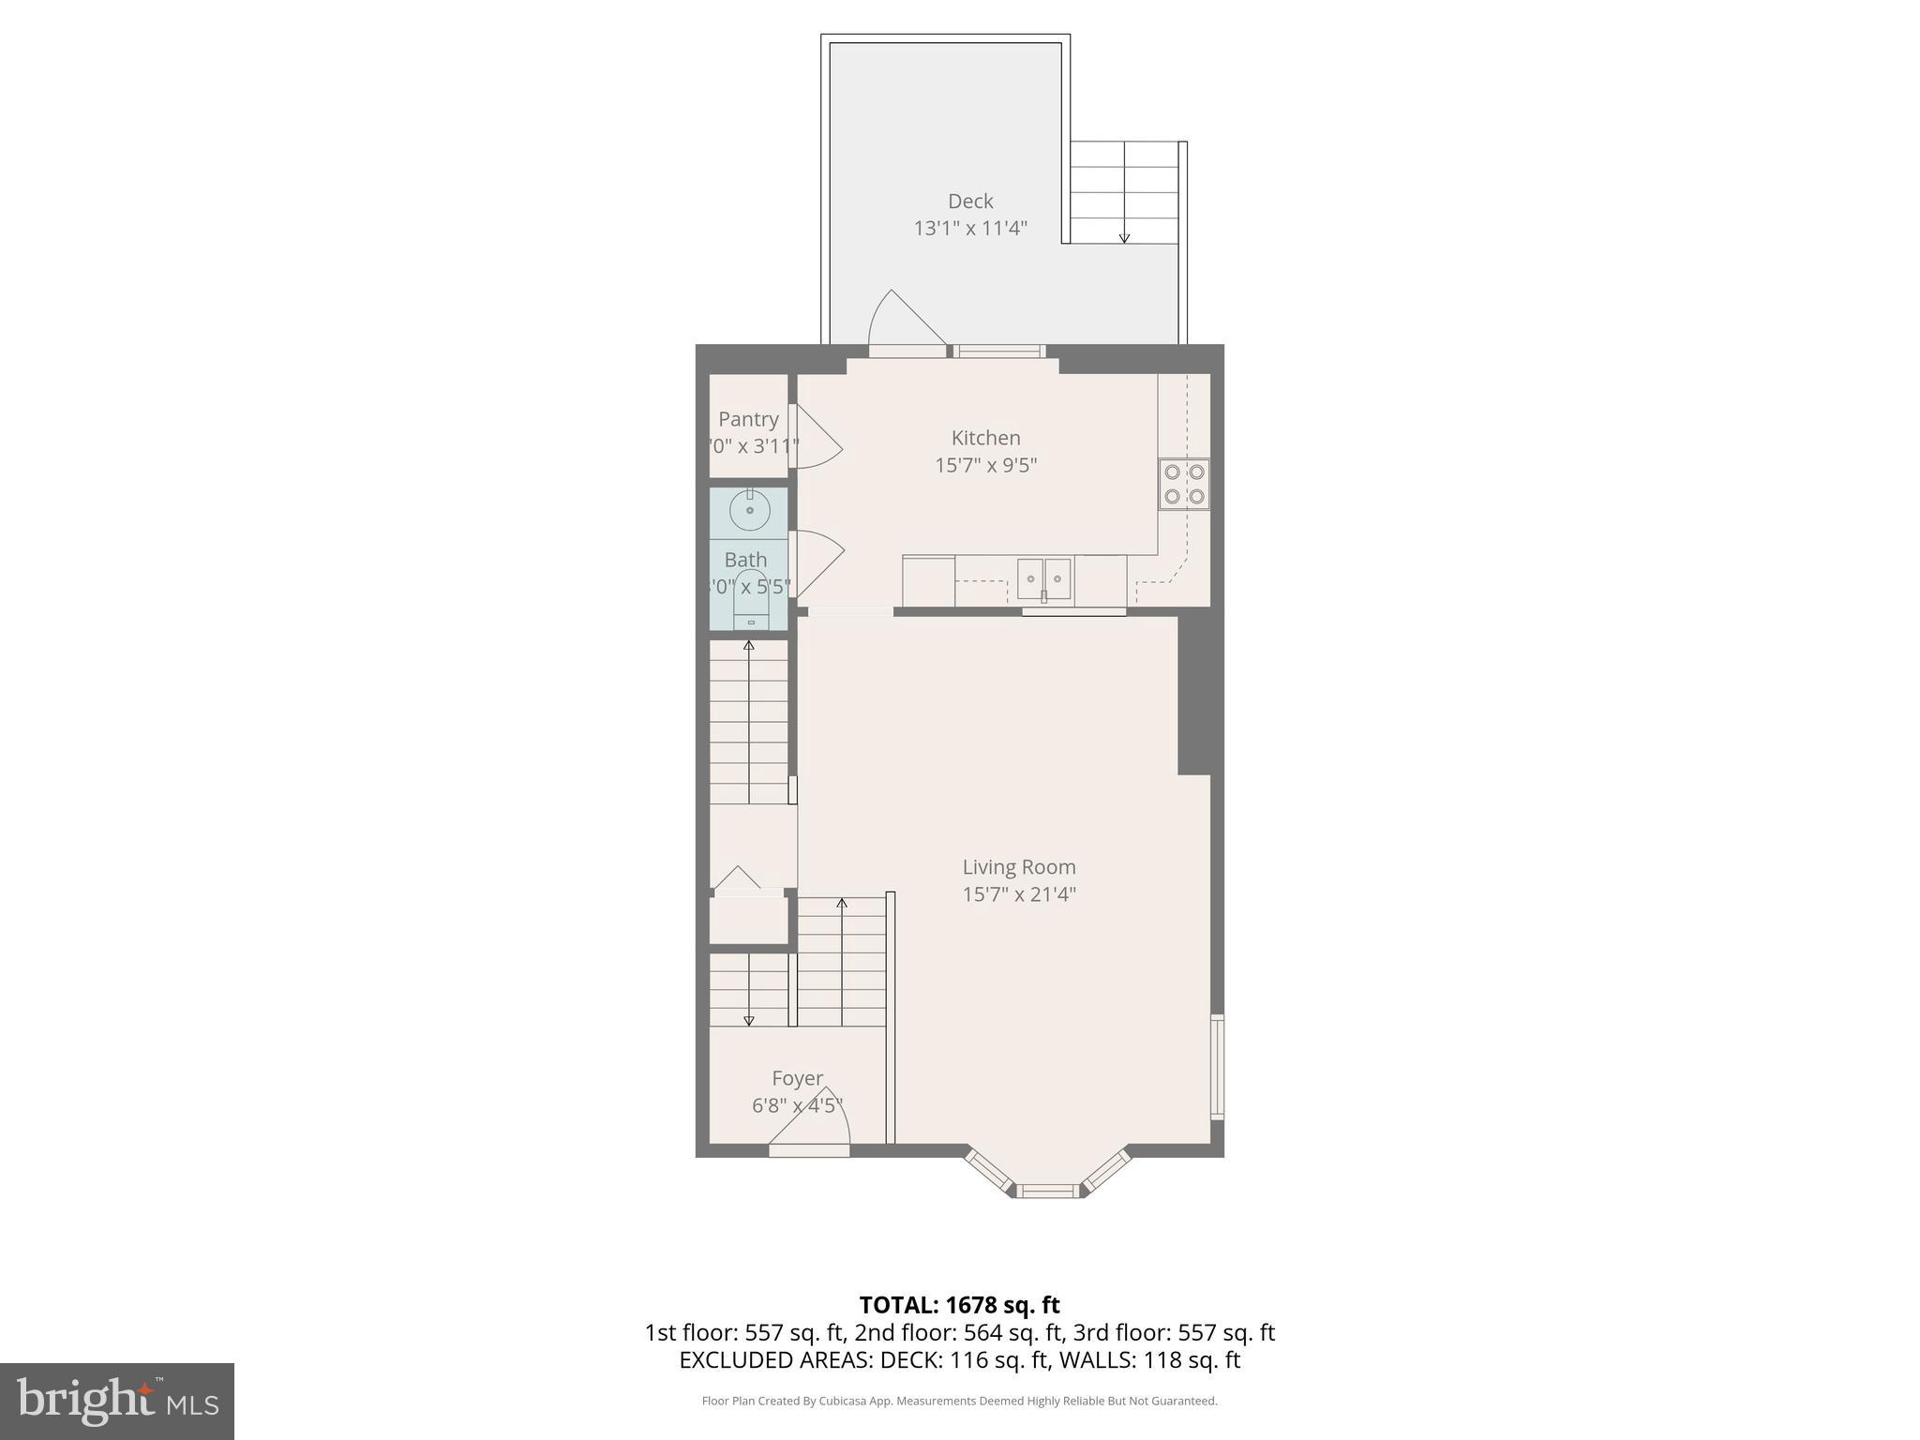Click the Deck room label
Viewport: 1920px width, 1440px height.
(x=970, y=202)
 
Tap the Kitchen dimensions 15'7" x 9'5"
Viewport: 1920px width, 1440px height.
(x=985, y=465)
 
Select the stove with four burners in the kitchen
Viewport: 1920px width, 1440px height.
(x=1184, y=484)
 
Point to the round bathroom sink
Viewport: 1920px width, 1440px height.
(x=750, y=510)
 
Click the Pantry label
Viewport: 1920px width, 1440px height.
(x=748, y=419)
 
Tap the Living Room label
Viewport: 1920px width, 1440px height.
(x=1019, y=867)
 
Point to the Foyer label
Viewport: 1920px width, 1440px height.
(x=798, y=1078)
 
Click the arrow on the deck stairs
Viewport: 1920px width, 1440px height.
(x=1124, y=238)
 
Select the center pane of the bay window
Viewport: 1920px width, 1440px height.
(x=1048, y=1191)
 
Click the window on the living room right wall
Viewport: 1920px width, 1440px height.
(x=1216, y=1067)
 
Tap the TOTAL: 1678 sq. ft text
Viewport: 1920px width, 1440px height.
(x=959, y=1305)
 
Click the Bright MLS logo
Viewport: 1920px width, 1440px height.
(x=116, y=1401)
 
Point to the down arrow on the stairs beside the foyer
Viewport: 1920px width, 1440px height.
(x=748, y=1020)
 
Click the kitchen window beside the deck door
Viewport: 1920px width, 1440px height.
(x=999, y=352)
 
